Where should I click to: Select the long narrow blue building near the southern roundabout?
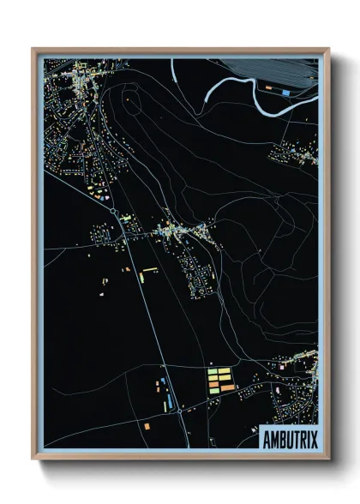(169, 399)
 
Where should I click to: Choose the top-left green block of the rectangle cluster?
(212, 371)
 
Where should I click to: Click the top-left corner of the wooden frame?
(33, 50)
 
